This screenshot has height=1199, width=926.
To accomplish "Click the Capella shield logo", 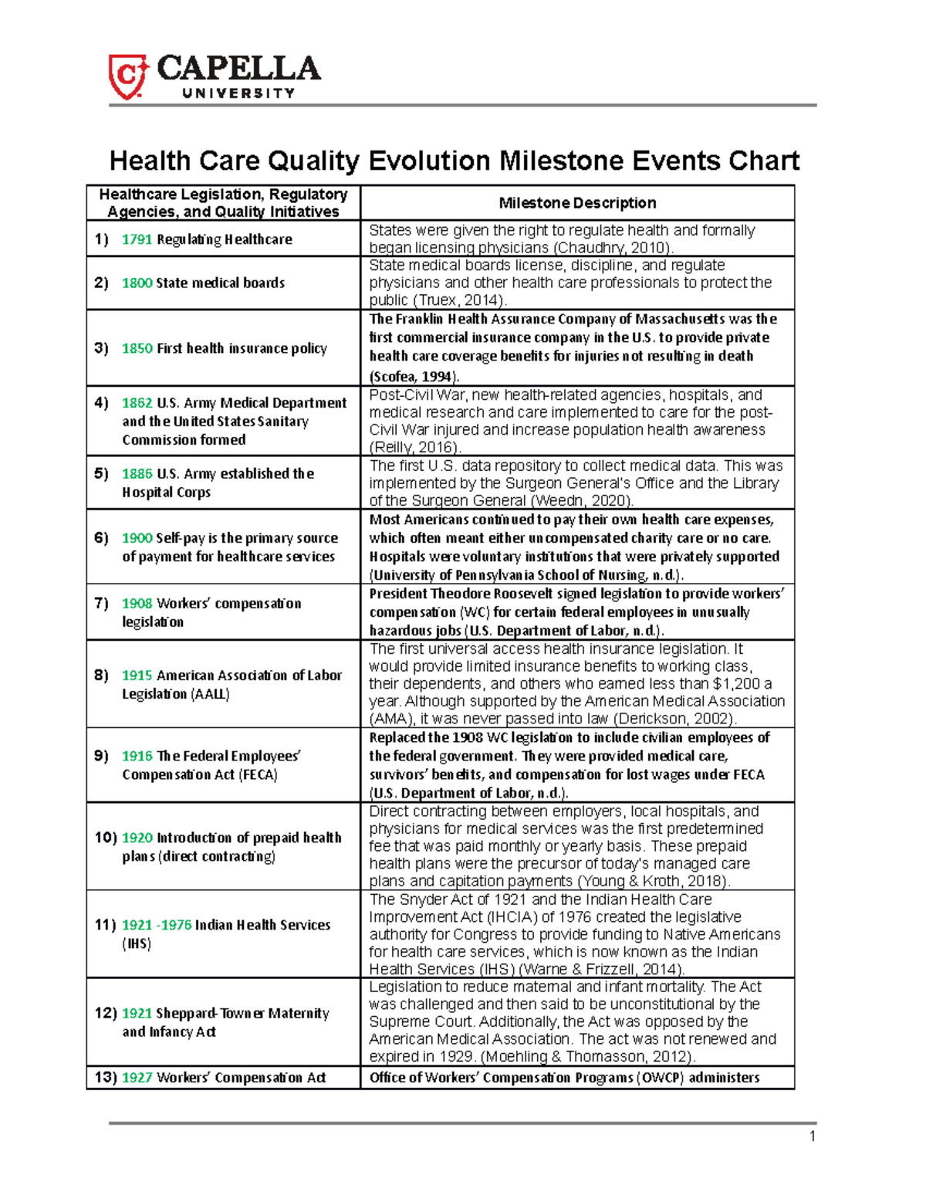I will [127, 76].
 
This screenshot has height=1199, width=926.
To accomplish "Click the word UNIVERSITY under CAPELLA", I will [238, 93].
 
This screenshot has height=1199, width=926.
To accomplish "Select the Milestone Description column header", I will [577, 203].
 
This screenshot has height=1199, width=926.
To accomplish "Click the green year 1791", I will [137, 239].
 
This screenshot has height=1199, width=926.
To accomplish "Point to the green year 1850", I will [137, 348].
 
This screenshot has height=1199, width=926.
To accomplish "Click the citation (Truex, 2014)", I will [461, 300].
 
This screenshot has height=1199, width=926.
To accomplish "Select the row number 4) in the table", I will [102, 402].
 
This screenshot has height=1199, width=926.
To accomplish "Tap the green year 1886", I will [137, 473].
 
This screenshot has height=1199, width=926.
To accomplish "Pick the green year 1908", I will [137, 603].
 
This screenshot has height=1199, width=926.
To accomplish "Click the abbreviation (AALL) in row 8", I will [210, 694].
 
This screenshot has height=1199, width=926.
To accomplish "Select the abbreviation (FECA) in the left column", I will [258, 774].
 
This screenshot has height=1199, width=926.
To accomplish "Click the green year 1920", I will [137, 838].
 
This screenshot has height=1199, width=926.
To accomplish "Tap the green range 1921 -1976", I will [157, 925].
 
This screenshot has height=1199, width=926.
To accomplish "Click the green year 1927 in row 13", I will [137, 1077].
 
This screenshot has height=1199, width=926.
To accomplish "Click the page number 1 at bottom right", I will [812, 1136].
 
